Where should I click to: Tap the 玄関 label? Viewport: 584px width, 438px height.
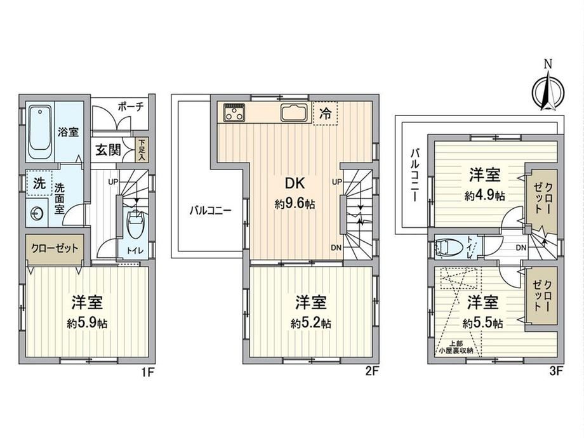108,150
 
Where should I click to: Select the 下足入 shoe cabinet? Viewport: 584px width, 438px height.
142,150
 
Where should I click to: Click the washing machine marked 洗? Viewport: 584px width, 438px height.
39,183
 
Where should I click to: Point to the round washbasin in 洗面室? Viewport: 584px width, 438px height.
37,213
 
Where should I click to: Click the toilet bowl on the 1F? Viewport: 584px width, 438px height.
135,224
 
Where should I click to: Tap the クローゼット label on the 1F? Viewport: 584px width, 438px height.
55,248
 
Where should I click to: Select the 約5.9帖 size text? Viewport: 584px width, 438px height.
87,323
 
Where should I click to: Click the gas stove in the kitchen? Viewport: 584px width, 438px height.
234,112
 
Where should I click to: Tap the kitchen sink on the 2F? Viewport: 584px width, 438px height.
294,112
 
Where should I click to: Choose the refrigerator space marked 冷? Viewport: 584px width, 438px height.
326,113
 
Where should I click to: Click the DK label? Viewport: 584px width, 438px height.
295,183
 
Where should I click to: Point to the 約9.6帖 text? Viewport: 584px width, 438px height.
295,204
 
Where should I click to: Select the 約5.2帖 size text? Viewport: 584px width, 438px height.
311,323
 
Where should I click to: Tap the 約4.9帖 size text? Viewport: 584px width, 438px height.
484,195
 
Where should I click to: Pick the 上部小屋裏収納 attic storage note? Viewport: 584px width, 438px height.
456,347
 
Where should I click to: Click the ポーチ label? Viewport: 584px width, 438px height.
130,107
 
